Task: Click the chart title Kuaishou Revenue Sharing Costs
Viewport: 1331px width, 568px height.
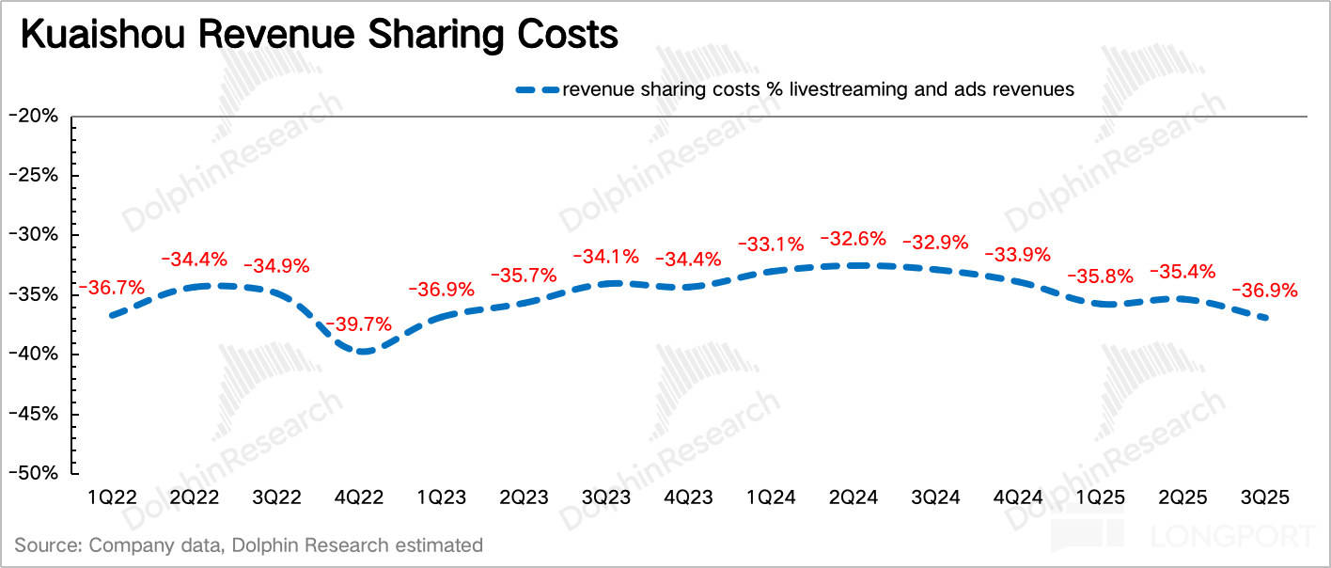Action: pyautogui.click(x=320, y=35)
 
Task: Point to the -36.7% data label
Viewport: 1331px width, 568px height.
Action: pyautogui.click(x=110, y=286)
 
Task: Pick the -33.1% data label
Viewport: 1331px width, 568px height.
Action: pyautogui.click(x=771, y=245)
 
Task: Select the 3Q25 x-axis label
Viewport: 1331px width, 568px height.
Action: pyautogui.click(x=1265, y=496)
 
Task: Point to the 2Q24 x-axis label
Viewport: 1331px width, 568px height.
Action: pyautogui.click(x=853, y=496)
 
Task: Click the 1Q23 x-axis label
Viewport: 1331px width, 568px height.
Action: pyautogui.click(x=441, y=496)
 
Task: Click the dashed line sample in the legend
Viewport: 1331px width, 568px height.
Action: pyautogui.click(x=537, y=90)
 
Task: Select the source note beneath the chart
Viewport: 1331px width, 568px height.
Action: pyautogui.click(x=248, y=544)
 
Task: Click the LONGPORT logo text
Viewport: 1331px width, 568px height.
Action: pyautogui.click(x=1232, y=537)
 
